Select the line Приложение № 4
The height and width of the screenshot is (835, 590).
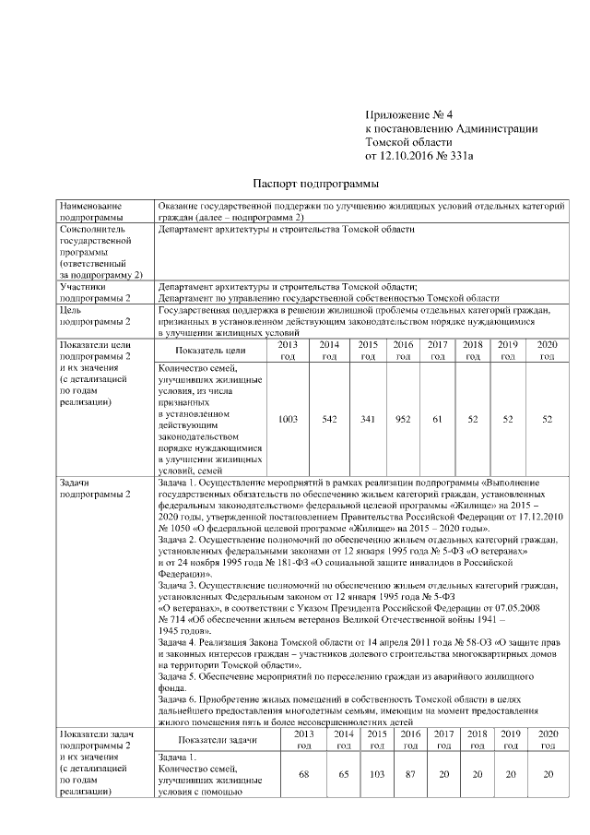point(409,115)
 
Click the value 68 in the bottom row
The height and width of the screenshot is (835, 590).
point(303,775)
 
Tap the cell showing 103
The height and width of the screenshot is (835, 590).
point(376,775)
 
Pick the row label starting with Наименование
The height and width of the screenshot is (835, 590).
point(90,208)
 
